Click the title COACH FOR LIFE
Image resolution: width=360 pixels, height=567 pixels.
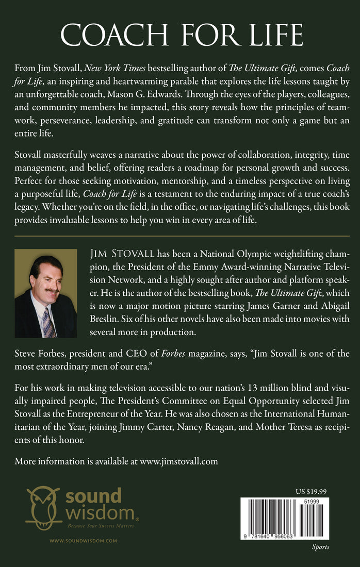tap(180, 35)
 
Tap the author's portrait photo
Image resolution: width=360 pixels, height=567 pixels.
tap(46, 293)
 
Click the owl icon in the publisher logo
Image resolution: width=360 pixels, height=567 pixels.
tap(42, 509)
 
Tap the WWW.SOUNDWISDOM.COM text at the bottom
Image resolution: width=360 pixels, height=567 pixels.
tap(83, 540)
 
